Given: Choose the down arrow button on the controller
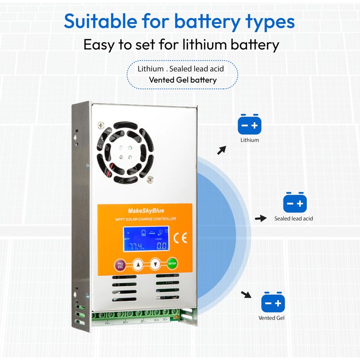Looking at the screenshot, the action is click(x=155, y=264).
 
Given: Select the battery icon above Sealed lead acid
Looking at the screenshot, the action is click(x=294, y=203).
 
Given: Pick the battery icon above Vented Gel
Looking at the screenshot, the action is click(x=273, y=303).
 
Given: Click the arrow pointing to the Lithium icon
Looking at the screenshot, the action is click(x=221, y=150).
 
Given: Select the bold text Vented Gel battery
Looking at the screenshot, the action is click(x=183, y=80).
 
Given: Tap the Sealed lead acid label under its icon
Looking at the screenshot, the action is click(x=293, y=219).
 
